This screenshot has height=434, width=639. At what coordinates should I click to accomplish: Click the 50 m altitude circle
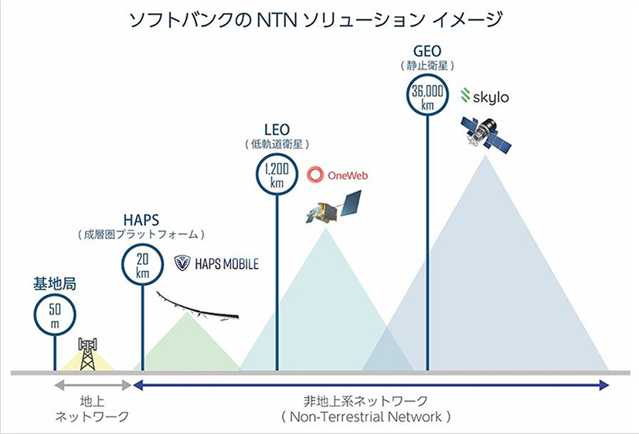[55, 295]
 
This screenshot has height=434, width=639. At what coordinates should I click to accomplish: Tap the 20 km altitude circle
[142, 244]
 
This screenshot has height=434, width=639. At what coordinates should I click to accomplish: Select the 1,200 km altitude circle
[277, 154]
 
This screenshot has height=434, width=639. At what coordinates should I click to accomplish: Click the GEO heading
[427, 51]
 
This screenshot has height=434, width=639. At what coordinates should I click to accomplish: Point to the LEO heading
[277, 130]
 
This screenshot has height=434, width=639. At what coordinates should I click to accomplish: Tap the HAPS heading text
[141, 220]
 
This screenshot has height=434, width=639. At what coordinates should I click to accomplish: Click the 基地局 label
[55, 283]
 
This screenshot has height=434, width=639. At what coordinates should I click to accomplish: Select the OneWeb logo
[338, 175]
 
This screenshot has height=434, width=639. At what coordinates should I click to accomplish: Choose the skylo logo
[484, 96]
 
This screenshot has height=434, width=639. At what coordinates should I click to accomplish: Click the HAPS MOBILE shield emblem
[182, 263]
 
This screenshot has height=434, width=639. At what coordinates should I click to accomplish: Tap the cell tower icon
[87, 354]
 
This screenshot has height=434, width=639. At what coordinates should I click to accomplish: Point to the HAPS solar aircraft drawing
[197, 306]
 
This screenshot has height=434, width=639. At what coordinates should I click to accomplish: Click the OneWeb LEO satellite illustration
[334, 207]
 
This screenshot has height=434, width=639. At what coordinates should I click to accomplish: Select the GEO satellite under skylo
[486, 135]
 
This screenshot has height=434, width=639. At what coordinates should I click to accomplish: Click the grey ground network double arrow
[93, 385]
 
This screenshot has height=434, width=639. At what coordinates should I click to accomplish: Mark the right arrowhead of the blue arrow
[604, 385]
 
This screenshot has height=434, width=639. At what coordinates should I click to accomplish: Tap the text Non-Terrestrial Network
[365, 416]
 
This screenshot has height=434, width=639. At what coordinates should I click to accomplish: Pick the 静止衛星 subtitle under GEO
[427, 66]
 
